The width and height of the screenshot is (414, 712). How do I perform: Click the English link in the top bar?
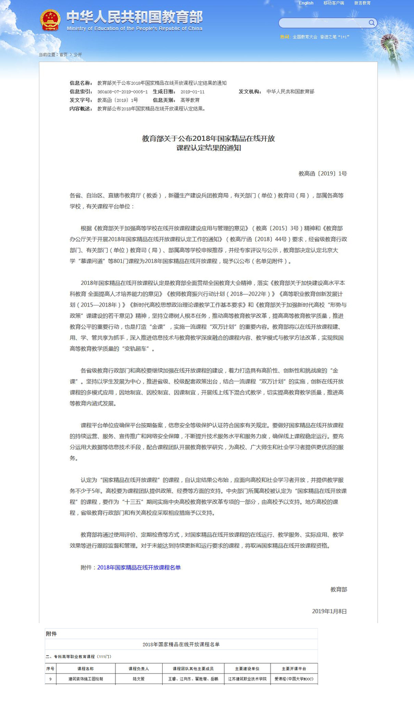pyautogui.click(x=306, y=3)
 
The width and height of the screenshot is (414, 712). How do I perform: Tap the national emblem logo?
pyautogui.click(x=50, y=20)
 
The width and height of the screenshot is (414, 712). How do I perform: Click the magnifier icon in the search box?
pyautogui.click(x=372, y=23)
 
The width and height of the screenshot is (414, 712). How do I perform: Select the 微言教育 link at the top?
pyautogui.click(x=362, y=3)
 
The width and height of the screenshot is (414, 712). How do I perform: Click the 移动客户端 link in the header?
pyautogui.click(x=334, y=3)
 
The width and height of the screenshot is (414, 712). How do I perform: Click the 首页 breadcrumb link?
pyautogui.click(x=63, y=54)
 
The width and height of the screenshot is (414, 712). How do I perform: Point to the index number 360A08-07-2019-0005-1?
pyautogui.click(x=122, y=92)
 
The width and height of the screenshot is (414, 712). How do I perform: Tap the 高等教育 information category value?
pyautogui.click(x=190, y=100)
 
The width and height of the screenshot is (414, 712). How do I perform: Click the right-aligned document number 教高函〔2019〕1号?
pyautogui.click(x=322, y=173)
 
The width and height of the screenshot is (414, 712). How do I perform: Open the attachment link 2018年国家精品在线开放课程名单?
pyautogui.click(x=139, y=568)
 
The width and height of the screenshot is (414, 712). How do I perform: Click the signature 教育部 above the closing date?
pyautogui.click(x=338, y=589)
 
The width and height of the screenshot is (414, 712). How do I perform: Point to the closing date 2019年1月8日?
pyautogui.click(x=329, y=611)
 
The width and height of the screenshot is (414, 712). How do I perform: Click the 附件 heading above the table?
pyautogui.click(x=51, y=634)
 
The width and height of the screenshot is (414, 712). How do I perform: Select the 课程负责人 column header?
pyautogui.click(x=139, y=669)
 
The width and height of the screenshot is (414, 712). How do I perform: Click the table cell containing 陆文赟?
pyautogui.click(x=139, y=678)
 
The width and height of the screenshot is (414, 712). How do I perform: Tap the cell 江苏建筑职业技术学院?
pyautogui.click(x=247, y=678)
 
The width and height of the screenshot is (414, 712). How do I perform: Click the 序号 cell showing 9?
pyautogui.click(x=50, y=678)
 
